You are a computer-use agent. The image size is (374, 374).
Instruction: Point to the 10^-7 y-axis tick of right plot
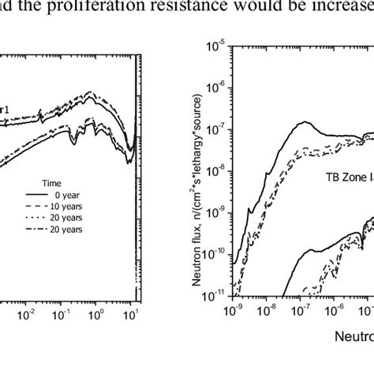click(217, 125)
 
